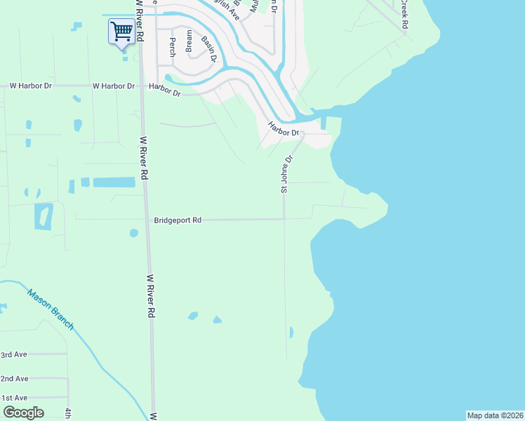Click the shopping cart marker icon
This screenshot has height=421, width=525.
click(121, 31)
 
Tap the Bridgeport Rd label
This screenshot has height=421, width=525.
click(178, 220)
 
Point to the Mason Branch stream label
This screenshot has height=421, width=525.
click(51, 309)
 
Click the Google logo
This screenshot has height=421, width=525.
click(22, 412)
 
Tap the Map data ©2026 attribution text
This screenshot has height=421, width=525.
click(495, 415)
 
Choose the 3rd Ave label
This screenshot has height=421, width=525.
click(13, 354)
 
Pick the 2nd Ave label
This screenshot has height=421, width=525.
click(14, 378)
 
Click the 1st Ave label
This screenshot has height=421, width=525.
click(14, 398)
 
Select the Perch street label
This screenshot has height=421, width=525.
click(172, 47)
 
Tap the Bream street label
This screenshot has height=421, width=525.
click(189, 41)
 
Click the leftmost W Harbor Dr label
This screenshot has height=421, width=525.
click(32, 86)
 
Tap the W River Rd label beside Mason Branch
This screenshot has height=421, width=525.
click(149, 296)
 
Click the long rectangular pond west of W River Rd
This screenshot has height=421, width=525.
click(114, 182)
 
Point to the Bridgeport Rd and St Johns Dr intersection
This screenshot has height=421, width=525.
click(284, 219)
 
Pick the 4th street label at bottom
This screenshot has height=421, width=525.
click(68, 413)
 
